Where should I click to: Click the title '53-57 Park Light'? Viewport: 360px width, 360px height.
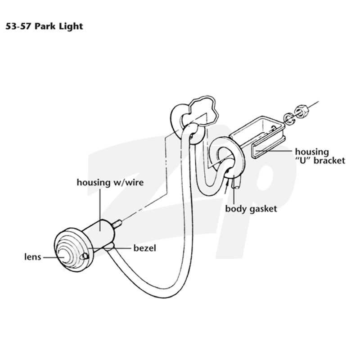(44, 27)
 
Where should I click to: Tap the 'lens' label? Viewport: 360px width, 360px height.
(32, 257)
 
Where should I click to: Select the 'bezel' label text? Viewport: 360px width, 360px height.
(145, 248)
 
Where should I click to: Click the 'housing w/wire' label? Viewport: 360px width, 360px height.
(110, 183)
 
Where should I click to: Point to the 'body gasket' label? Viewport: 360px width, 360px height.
(251, 209)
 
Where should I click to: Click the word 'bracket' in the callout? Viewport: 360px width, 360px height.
(329, 161)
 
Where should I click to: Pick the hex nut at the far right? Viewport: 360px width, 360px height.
(301, 111)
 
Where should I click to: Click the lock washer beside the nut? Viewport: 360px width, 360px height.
(289, 118)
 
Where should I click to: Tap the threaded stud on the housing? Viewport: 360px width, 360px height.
(117, 224)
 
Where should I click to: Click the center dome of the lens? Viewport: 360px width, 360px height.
(64, 256)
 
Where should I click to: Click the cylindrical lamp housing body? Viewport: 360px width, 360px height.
(100, 234)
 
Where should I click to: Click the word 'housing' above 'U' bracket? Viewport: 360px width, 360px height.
(312, 152)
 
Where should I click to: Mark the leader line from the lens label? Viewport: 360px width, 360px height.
(54, 257)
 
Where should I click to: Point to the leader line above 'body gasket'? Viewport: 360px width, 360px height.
(234, 190)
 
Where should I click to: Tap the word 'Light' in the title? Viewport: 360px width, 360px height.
(71, 27)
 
